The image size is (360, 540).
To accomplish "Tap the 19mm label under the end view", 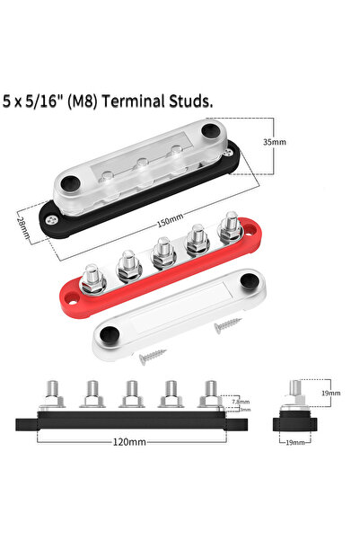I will (297, 443).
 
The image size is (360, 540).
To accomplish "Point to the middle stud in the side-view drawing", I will (131, 395).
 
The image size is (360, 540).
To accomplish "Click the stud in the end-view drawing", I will (295, 393).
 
